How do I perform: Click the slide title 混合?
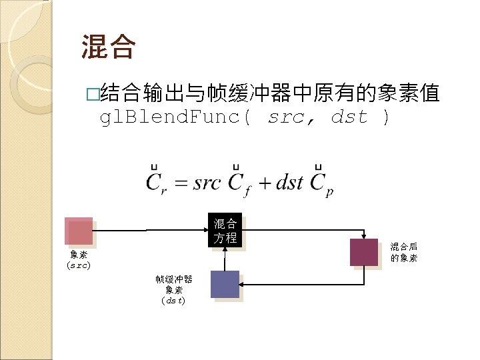tap(109, 47)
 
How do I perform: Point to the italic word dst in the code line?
tap(349, 117)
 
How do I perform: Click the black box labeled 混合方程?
tap(225, 230)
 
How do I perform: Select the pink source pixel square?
tap(79, 231)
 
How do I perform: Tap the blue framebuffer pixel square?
tap(225, 284)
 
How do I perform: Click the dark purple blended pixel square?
tap(364, 252)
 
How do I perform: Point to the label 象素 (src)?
tap(79, 260)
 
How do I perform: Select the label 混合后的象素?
tap(404, 252)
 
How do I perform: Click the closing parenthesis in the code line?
tap(385, 117)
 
